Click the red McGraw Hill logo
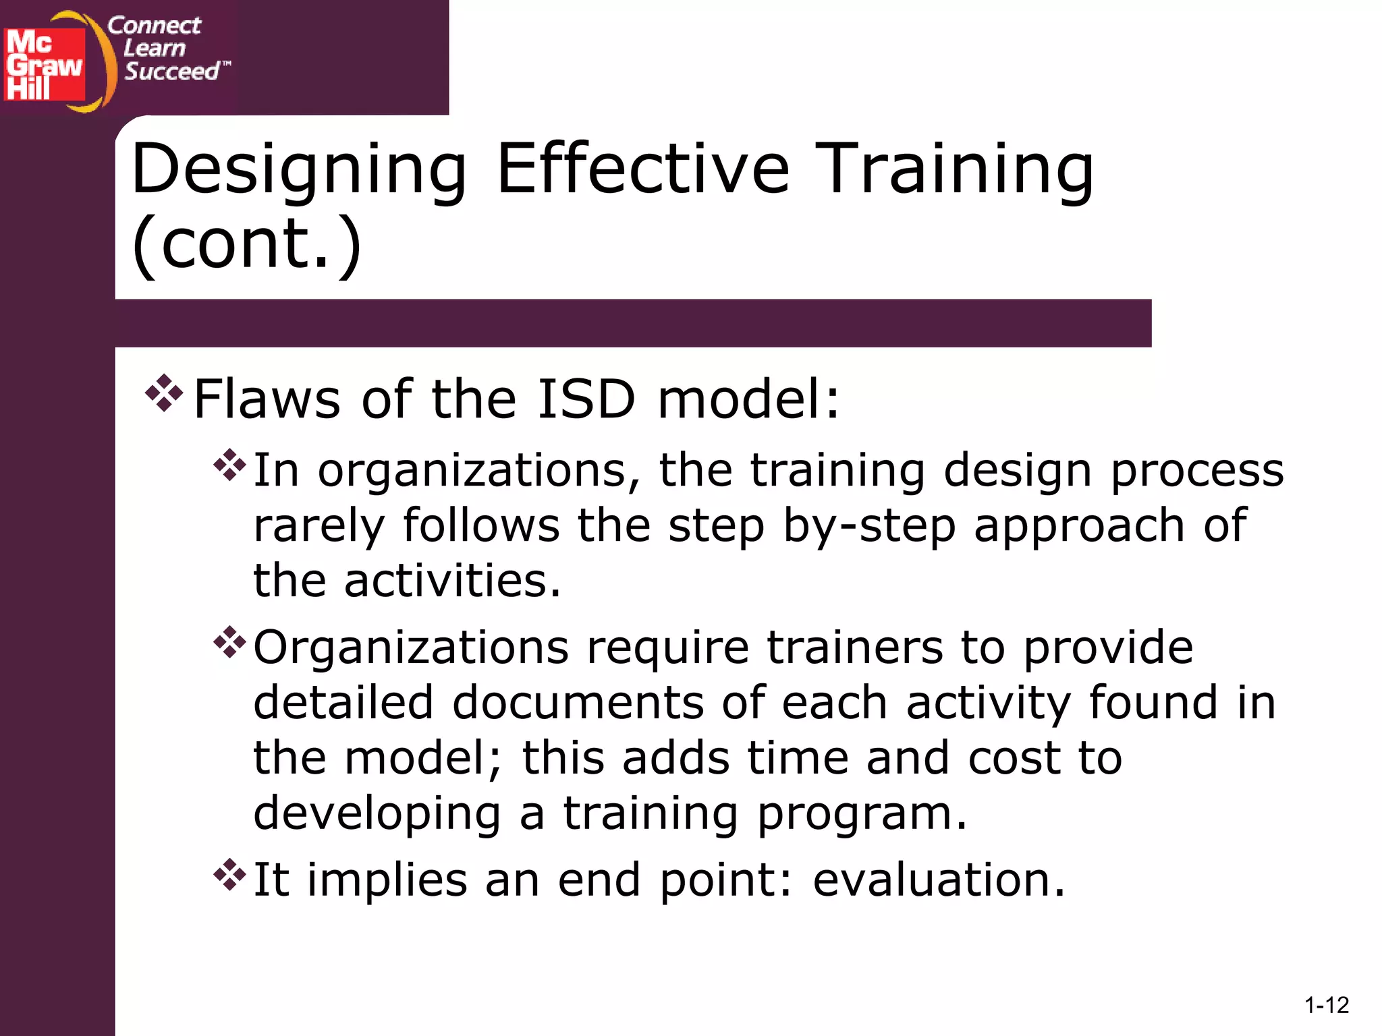click(45, 65)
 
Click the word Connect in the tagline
click(154, 26)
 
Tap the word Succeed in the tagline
click(172, 71)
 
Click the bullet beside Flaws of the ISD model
click(164, 393)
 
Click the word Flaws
click(267, 399)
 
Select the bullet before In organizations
click(230, 465)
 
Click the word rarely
click(319, 525)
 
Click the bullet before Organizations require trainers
click(230, 643)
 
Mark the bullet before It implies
click(230, 875)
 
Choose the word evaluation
click(938, 880)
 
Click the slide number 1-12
click(1326, 1006)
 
